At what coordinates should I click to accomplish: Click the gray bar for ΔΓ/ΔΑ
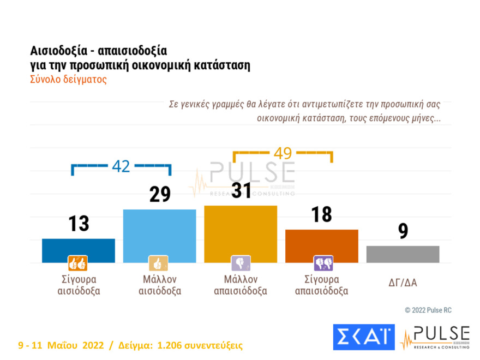pos(403,254)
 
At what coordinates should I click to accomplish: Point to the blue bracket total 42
pos(121,166)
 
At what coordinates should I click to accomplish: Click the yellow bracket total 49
pos(283,153)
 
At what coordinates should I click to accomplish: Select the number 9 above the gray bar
pos(403,231)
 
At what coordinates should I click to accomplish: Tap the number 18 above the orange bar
pos(321,214)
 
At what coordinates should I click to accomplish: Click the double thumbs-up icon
pos(77,263)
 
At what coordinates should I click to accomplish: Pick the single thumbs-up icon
pos(159,263)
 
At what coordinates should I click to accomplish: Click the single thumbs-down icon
pos(241,263)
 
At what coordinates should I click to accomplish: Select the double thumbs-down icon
pos(322,263)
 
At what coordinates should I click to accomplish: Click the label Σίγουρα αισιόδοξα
pos(79,285)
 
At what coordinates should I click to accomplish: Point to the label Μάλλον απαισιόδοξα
pos(241,285)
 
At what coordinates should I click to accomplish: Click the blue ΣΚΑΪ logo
pos(363,337)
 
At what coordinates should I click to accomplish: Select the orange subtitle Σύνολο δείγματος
pos(68,79)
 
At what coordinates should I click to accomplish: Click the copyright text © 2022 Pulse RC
pos(428,310)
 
